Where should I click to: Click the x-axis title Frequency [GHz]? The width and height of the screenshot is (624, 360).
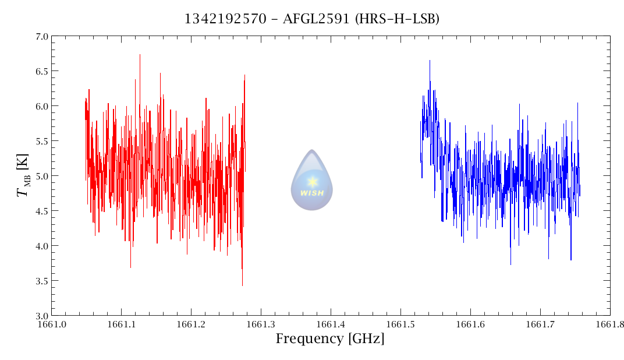click(x=330, y=339)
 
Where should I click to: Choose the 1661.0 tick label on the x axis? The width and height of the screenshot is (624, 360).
click(x=51, y=324)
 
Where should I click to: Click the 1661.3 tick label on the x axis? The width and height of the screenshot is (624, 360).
click(x=261, y=324)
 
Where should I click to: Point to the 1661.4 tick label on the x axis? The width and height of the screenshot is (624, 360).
click(x=331, y=324)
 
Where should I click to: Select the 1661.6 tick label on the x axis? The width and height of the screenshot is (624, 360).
click(x=470, y=324)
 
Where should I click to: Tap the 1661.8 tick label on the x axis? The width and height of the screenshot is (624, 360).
click(x=609, y=324)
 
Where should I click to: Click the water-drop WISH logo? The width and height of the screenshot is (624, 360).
click(x=312, y=181)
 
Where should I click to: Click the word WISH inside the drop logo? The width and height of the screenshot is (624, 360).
click(x=312, y=193)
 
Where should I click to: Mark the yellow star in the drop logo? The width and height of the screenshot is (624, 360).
click(x=312, y=181)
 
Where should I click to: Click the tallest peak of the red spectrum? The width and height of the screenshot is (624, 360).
click(x=140, y=55)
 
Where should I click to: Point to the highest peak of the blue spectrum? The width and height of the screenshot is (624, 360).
click(x=430, y=61)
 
